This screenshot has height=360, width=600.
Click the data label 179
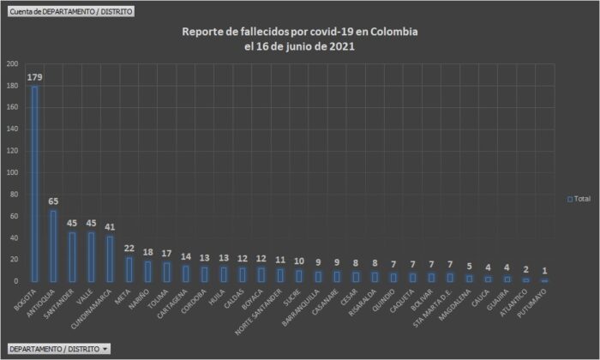coord(34,77)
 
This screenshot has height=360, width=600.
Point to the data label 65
coord(53,201)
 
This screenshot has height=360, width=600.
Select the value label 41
coord(109,227)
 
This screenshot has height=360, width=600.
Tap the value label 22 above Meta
coord(128,248)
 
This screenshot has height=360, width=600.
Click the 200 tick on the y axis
coord(12,64)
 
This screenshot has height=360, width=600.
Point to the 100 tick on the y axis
coord(12,172)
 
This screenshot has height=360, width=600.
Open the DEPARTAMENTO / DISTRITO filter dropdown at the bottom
coord(58,349)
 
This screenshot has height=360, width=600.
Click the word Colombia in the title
coord(393,32)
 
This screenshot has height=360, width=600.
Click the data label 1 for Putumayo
coord(544,270)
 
